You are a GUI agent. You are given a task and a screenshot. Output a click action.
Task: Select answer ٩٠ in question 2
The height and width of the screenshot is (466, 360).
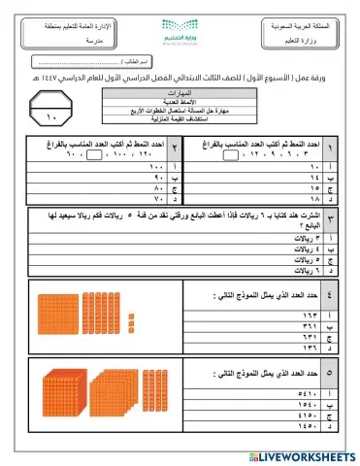[103, 179]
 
